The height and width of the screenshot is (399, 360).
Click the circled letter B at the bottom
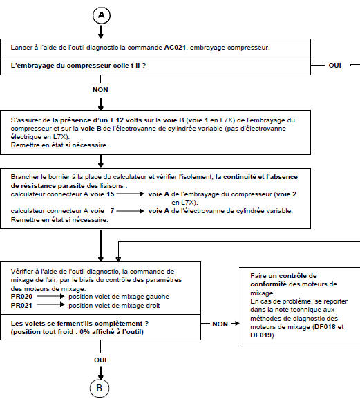(x=100, y=388)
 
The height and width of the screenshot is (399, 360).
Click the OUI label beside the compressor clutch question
(x=334, y=65)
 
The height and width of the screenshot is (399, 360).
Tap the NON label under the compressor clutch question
(x=101, y=90)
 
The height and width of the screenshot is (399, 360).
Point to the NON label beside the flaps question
(x=220, y=323)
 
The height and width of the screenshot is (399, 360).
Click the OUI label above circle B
(x=100, y=360)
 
